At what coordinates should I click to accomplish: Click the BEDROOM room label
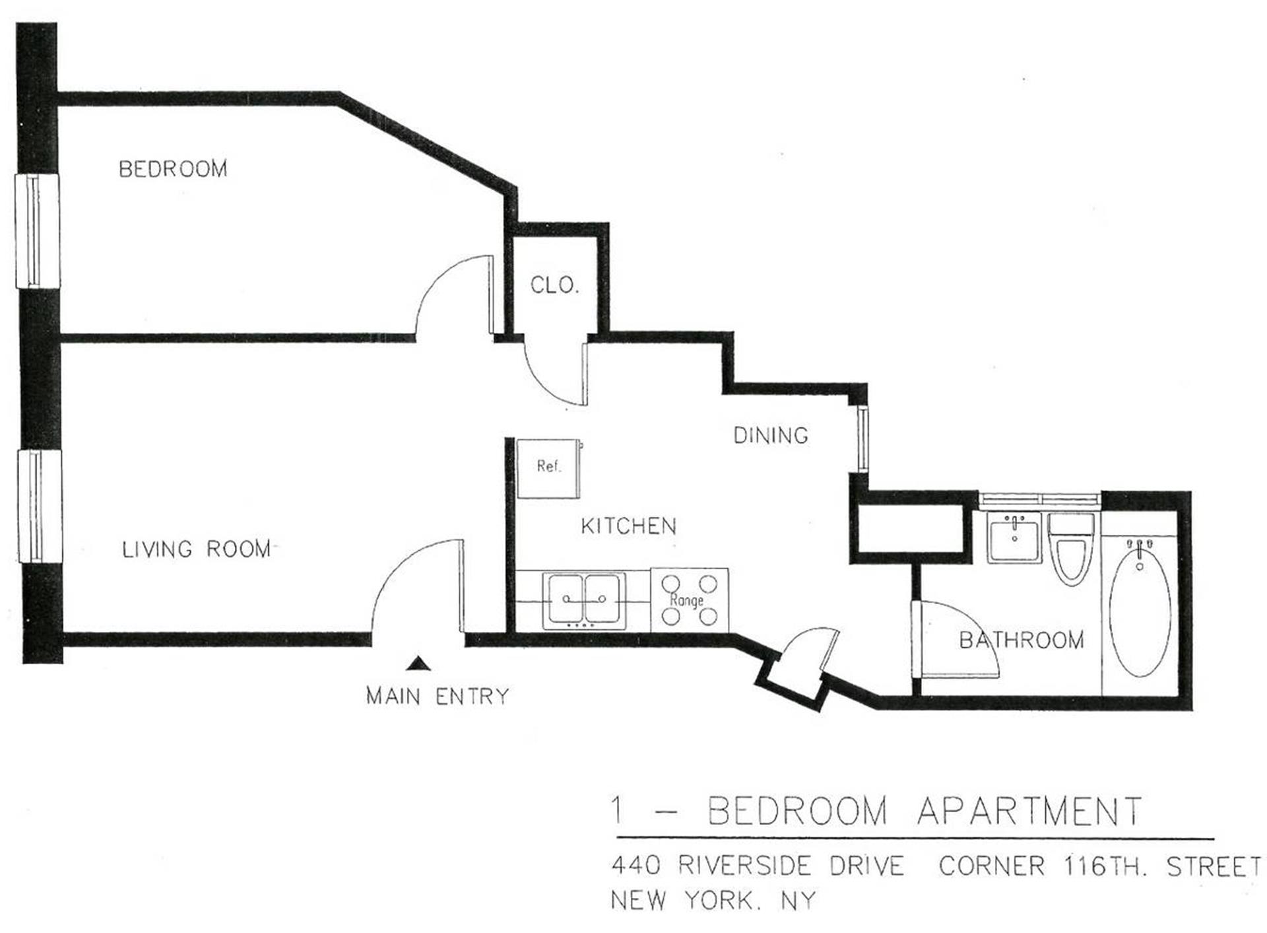173,169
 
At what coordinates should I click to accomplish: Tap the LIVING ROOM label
197,549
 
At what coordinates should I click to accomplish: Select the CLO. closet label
554,285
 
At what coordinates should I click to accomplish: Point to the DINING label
771,435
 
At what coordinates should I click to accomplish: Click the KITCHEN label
629,526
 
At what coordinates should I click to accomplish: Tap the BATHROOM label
1022,640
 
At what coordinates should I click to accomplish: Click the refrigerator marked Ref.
549,469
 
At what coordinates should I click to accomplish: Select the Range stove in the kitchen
690,600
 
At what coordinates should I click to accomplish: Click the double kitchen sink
584,600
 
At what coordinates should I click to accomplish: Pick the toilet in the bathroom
1071,549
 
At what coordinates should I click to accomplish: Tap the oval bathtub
1140,607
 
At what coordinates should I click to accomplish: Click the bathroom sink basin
1014,538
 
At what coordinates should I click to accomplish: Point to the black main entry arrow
418,664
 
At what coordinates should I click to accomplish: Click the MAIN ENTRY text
438,696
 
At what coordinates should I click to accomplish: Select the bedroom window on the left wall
38,231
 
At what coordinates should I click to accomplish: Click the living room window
40,506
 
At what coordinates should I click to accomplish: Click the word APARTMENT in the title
1030,811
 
